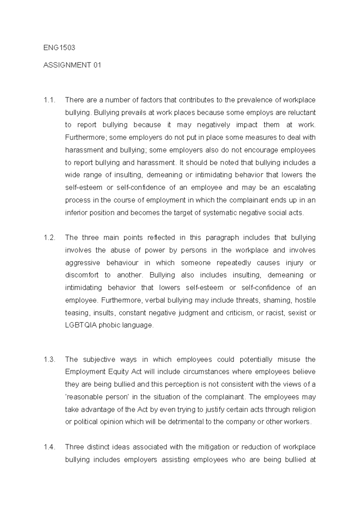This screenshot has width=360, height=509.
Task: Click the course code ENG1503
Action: coord(59,48)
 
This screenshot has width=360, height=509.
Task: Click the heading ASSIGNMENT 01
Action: coord(72,65)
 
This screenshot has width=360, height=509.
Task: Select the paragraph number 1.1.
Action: coord(49,100)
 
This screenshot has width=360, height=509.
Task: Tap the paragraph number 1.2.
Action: coord(49,238)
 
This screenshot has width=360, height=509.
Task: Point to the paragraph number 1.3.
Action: coord(49,360)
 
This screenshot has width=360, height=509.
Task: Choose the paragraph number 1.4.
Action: coord(49,447)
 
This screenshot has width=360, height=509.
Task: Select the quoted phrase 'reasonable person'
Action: coord(97,397)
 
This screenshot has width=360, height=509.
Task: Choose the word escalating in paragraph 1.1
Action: coord(300,188)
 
